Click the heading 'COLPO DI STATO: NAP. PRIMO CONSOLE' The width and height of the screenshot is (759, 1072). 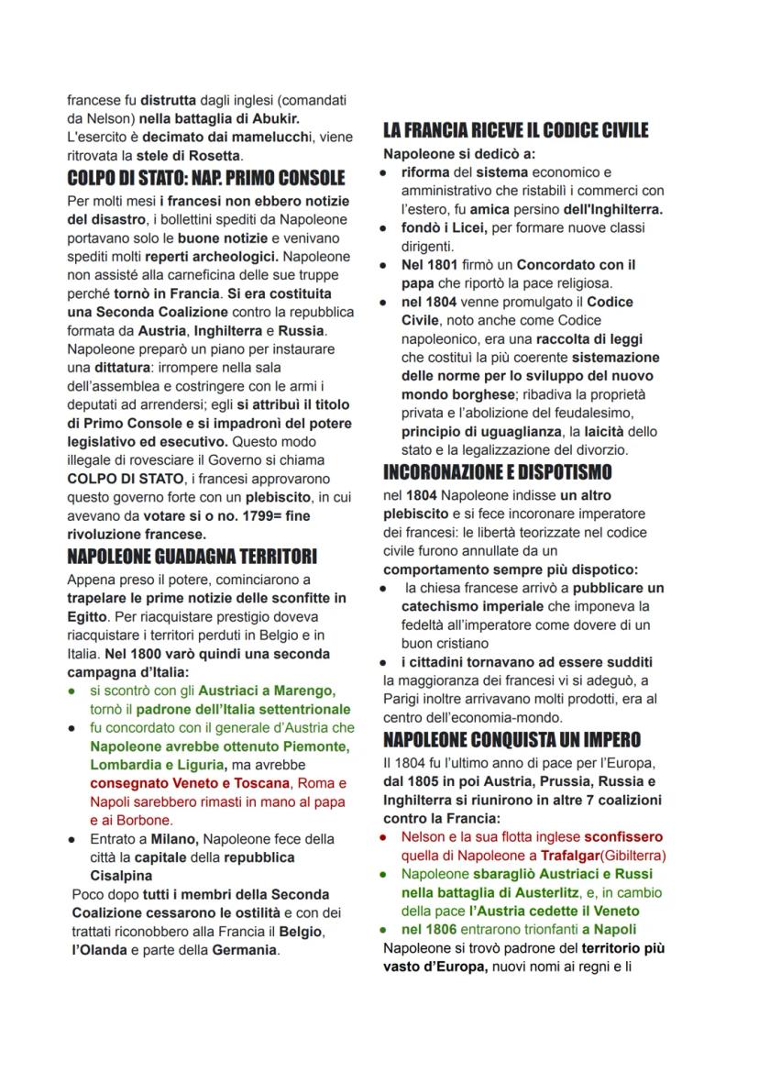click(205, 178)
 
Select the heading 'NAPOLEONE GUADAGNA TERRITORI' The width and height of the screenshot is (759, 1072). click(192, 557)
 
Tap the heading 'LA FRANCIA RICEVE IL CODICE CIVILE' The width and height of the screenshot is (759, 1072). click(515, 130)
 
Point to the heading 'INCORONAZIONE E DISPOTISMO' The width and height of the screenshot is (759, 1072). click(497, 472)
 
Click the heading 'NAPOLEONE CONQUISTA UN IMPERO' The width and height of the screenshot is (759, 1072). click(511, 740)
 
